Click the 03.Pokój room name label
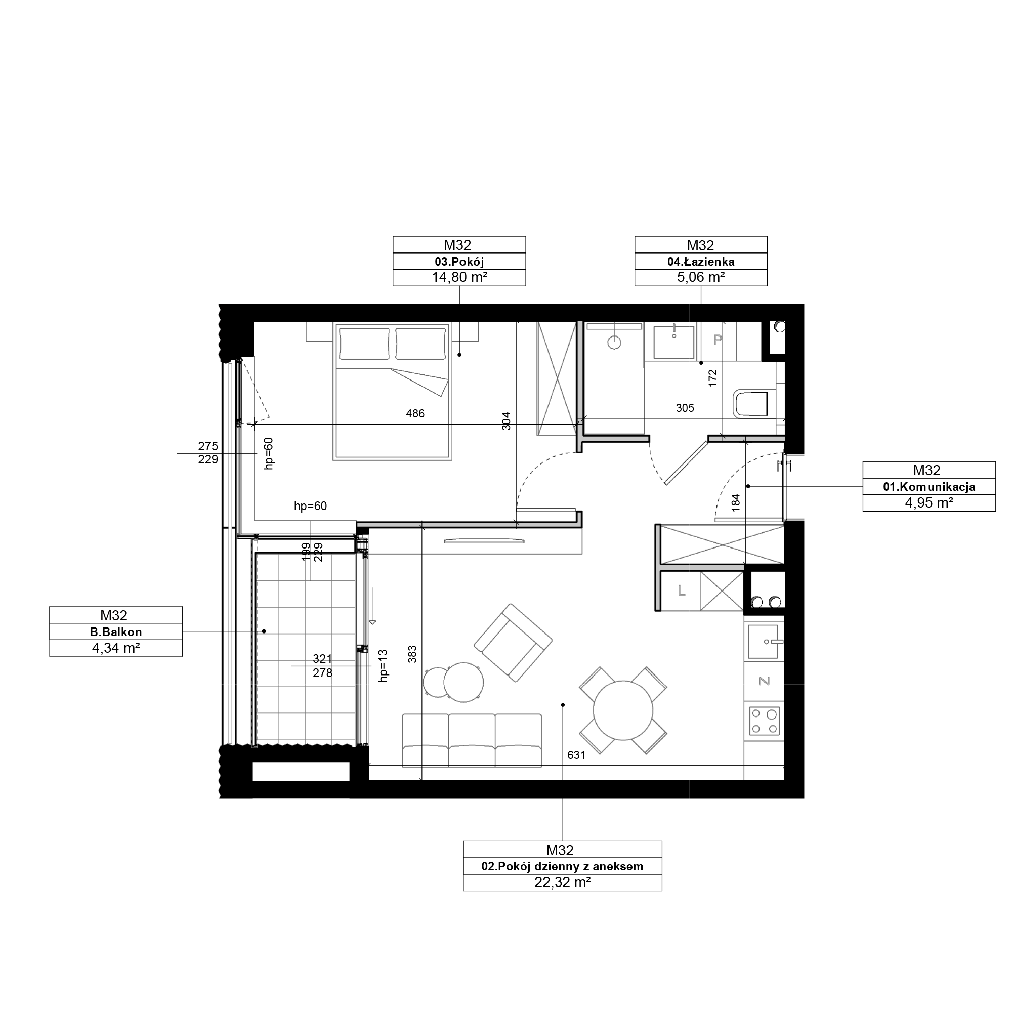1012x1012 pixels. (459, 262)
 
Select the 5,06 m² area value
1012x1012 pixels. (701, 278)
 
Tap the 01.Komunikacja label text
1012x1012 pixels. (929, 487)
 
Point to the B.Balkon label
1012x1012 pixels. (116, 632)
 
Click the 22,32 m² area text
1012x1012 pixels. (563, 882)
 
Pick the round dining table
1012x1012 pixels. (623, 711)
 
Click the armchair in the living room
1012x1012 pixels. (513, 643)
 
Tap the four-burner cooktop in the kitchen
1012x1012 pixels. (764, 721)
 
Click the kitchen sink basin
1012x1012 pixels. (765, 641)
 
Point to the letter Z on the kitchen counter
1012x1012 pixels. (764, 681)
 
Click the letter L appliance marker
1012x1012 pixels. (682, 591)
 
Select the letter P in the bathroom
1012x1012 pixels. (718, 340)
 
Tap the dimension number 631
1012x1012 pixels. (576, 755)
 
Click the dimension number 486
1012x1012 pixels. (415, 414)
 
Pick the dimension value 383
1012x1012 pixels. (413, 654)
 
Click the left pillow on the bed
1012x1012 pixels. (364, 344)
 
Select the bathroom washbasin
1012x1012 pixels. (674, 342)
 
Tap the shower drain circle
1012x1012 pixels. (614, 343)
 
